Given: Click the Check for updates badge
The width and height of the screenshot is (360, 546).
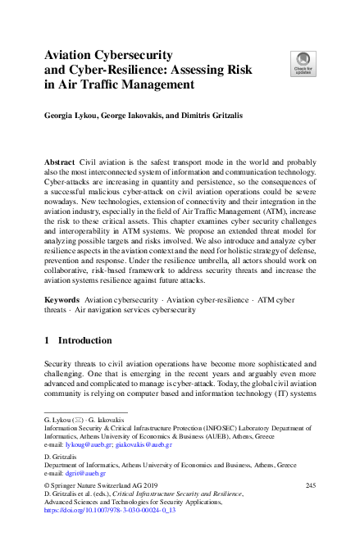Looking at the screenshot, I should [x=303, y=62].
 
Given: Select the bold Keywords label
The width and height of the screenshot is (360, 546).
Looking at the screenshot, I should [x=62, y=279].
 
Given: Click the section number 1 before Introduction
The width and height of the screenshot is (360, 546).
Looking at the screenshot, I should [x=47, y=339].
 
